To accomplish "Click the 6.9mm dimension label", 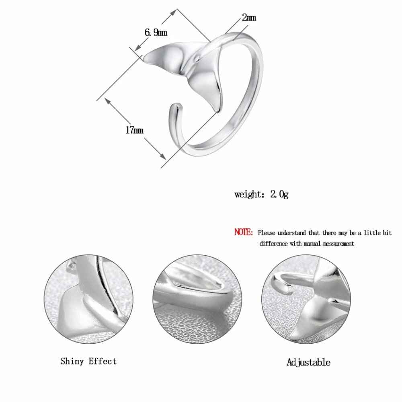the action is click(156, 33).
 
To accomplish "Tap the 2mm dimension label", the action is click(249, 18).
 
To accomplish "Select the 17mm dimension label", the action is click(134, 130).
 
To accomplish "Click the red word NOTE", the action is click(243, 232).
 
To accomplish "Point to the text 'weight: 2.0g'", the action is click(262, 194).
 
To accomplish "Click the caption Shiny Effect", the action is click(88, 361).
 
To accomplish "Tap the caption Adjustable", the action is click(308, 362).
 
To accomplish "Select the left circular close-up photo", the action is click(89, 299).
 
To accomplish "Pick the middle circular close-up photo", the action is click(197, 299).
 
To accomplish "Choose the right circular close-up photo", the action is click(306, 299).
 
